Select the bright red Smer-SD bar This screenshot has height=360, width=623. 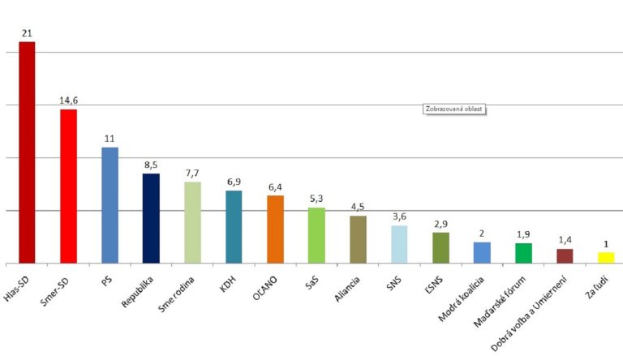point(69,186)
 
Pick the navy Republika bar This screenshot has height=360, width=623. point(151,218)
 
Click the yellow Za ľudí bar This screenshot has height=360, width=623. point(606,258)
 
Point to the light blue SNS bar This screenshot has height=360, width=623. point(399,244)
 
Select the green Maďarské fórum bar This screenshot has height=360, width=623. point(523,253)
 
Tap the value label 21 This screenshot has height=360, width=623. point(28,32)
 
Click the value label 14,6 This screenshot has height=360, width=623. point(69,101)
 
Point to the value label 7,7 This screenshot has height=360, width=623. point(192,173)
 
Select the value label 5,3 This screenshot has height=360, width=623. point(316,199)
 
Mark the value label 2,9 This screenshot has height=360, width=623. point(440,223)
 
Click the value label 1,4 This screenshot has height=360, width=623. point(565,240)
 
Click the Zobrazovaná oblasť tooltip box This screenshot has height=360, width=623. point(453,109)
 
